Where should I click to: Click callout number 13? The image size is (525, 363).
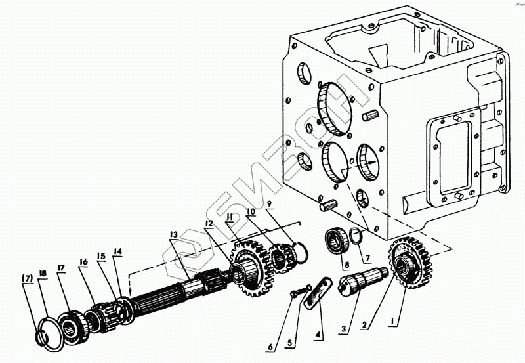coord(172,235)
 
